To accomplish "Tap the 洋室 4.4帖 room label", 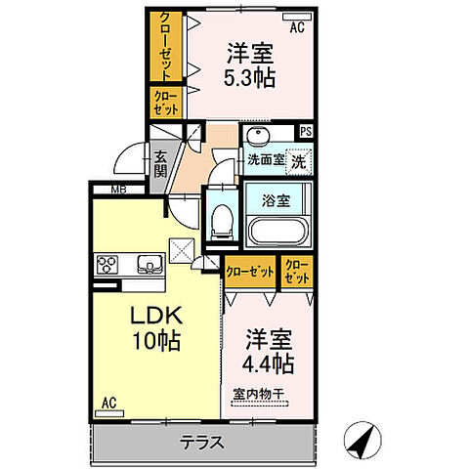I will pos(268,352).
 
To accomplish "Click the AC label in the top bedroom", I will pos(297,26).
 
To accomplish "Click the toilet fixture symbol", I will pos(221,221).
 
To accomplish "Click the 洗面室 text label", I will pos(263,160).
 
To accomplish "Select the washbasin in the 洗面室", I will pos(260,136).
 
